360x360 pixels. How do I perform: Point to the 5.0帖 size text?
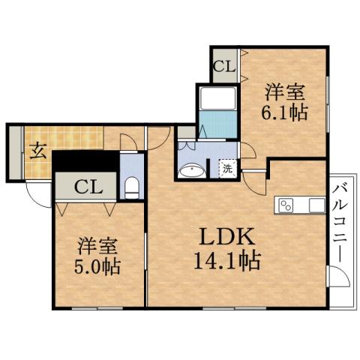coord(98,266)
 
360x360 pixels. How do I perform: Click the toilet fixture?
coord(132,186)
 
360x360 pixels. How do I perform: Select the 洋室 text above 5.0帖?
coord(98,245)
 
